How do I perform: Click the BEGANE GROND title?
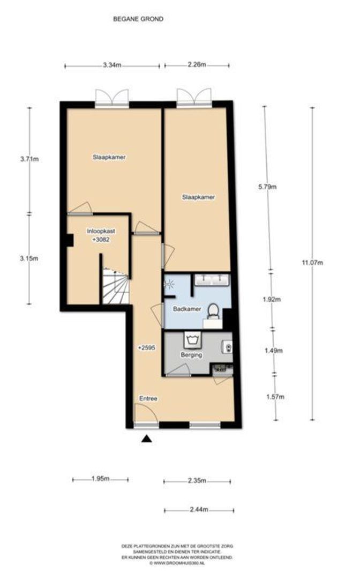[x=138, y=19]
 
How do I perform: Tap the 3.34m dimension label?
[x=112, y=65]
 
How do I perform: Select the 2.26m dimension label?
[x=197, y=65]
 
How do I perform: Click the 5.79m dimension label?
[x=266, y=187]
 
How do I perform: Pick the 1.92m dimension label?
[x=272, y=300]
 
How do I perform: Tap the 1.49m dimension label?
[x=274, y=351]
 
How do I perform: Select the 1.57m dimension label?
[x=275, y=397]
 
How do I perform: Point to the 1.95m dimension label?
[x=100, y=479]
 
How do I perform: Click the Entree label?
[x=148, y=398]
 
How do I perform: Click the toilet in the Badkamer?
[x=213, y=311]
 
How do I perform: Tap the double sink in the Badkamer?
[x=212, y=279]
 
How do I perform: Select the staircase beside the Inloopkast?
[x=115, y=287]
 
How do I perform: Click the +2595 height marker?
[x=146, y=348]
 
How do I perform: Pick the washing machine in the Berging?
[x=192, y=339]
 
